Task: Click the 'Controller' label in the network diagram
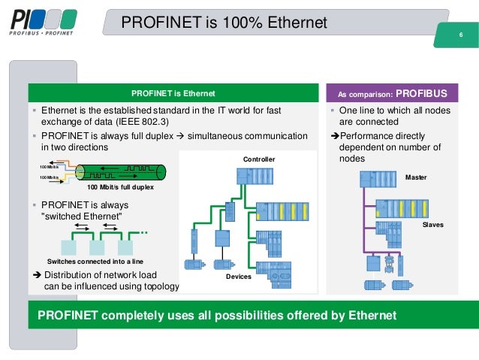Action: (x=259, y=159)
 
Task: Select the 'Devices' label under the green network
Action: (x=239, y=277)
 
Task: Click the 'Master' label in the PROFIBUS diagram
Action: (x=415, y=177)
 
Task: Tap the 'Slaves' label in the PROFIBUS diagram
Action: (x=433, y=225)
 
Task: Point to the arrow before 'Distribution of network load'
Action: (x=36, y=274)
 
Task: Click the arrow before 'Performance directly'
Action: (x=335, y=136)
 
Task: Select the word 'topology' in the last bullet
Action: (x=160, y=286)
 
